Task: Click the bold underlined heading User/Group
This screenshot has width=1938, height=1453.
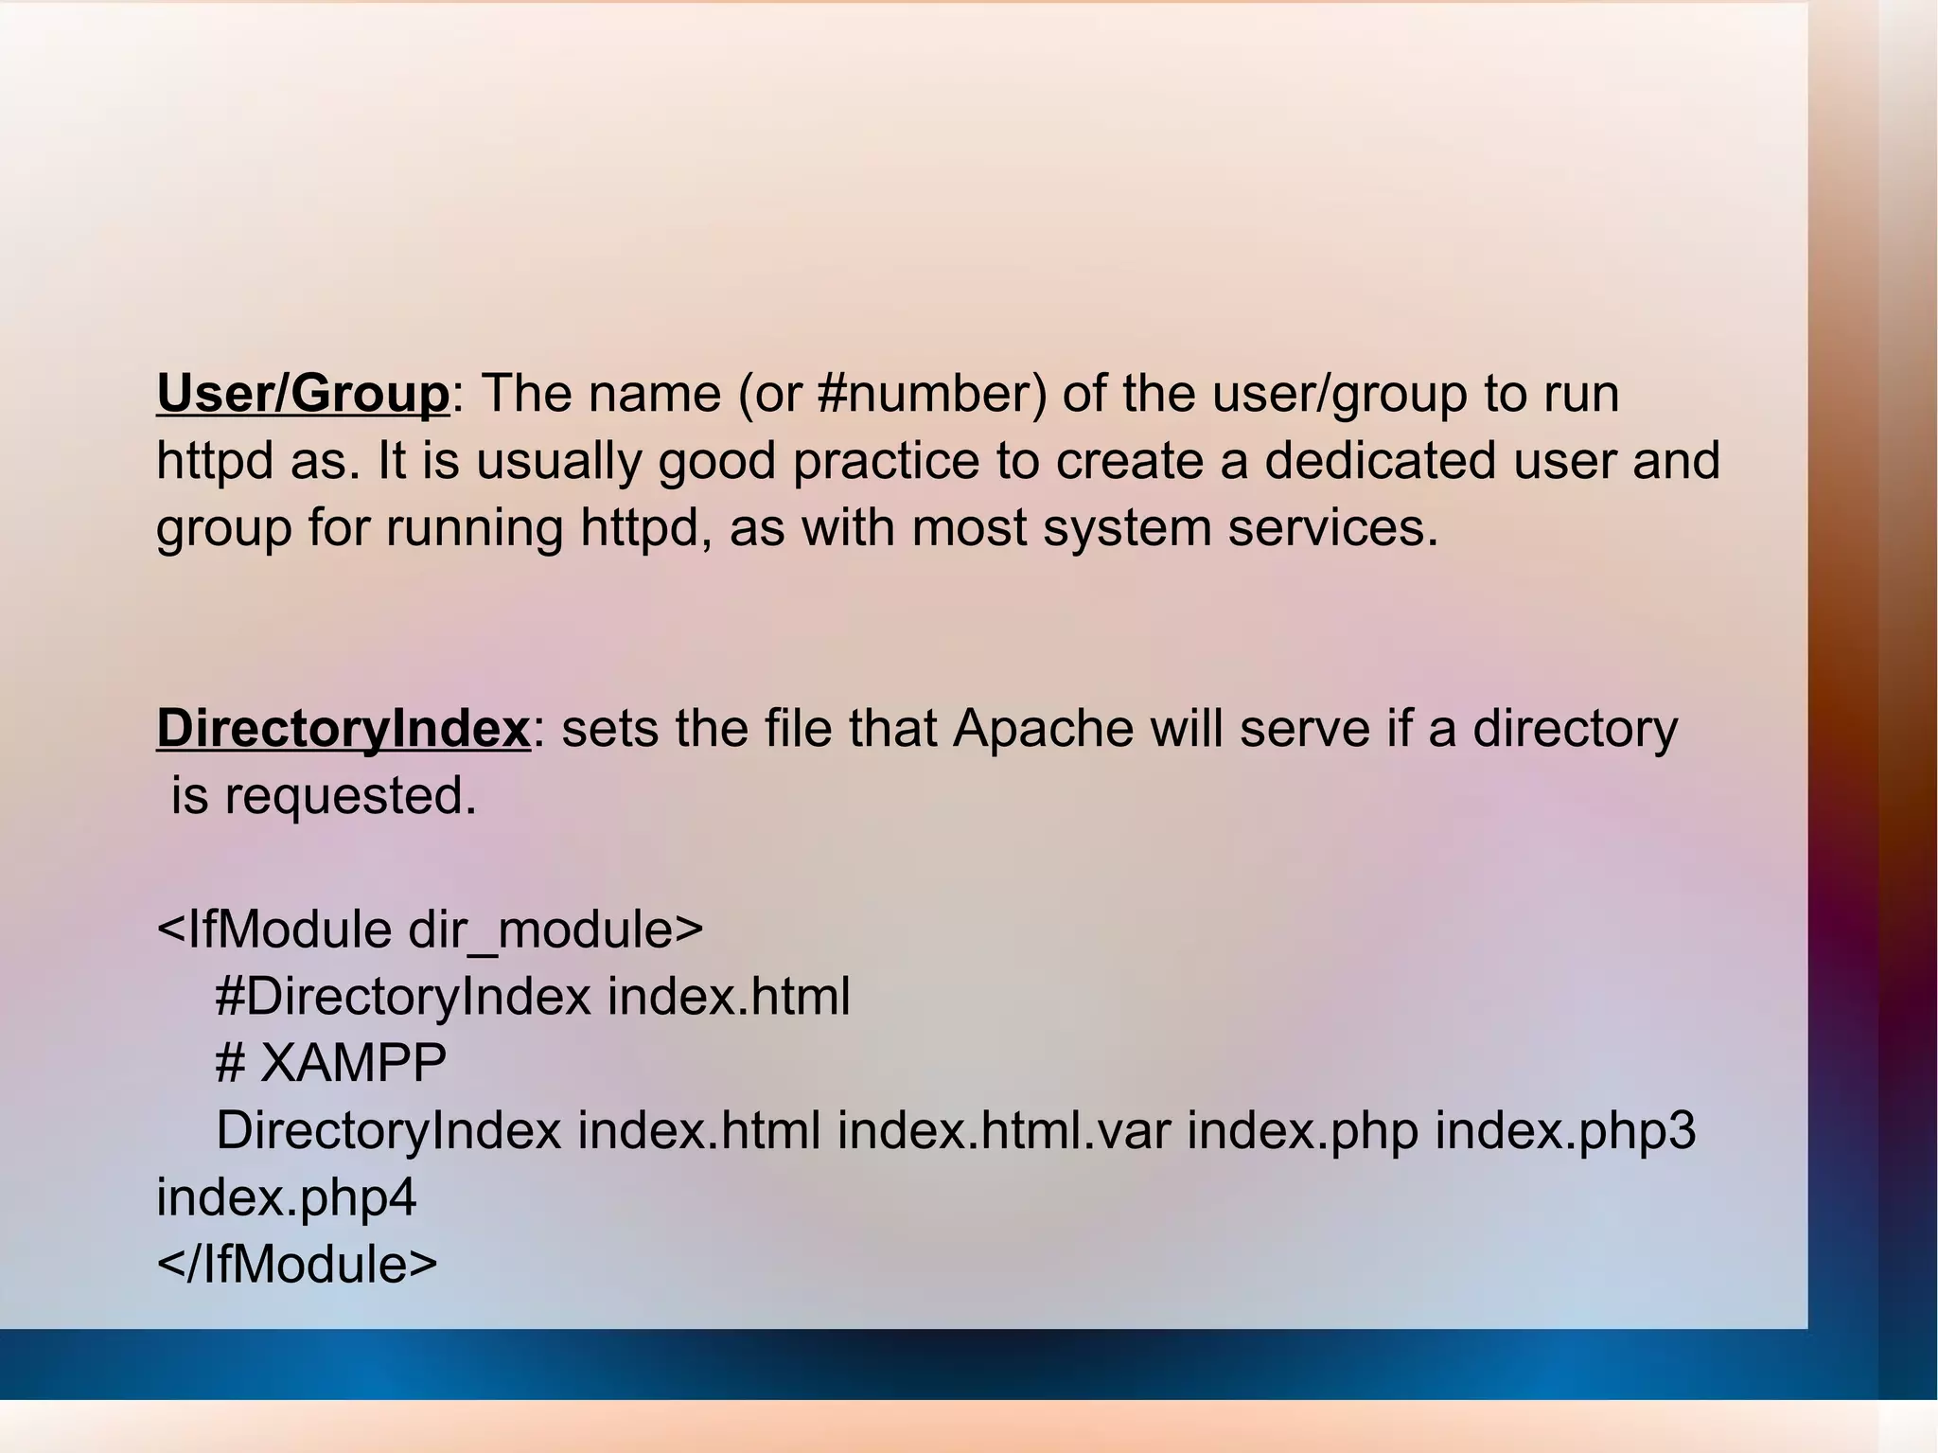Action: tap(303, 394)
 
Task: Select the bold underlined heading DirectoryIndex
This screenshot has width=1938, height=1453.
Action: tap(343, 729)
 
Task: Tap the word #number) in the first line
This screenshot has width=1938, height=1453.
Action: tap(932, 394)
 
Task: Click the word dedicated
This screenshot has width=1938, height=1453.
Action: tap(1381, 461)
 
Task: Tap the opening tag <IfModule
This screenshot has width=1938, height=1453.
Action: tap(273, 930)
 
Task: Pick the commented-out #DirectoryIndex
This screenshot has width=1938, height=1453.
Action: tap(403, 998)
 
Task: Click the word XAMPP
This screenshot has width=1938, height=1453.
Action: tap(353, 1064)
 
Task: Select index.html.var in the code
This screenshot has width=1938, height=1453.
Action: tap(1004, 1131)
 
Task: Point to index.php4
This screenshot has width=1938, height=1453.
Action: tap(286, 1199)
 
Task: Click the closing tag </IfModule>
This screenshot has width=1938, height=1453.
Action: tap(297, 1265)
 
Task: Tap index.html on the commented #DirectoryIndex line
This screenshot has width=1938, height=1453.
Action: tap(729, 998)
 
